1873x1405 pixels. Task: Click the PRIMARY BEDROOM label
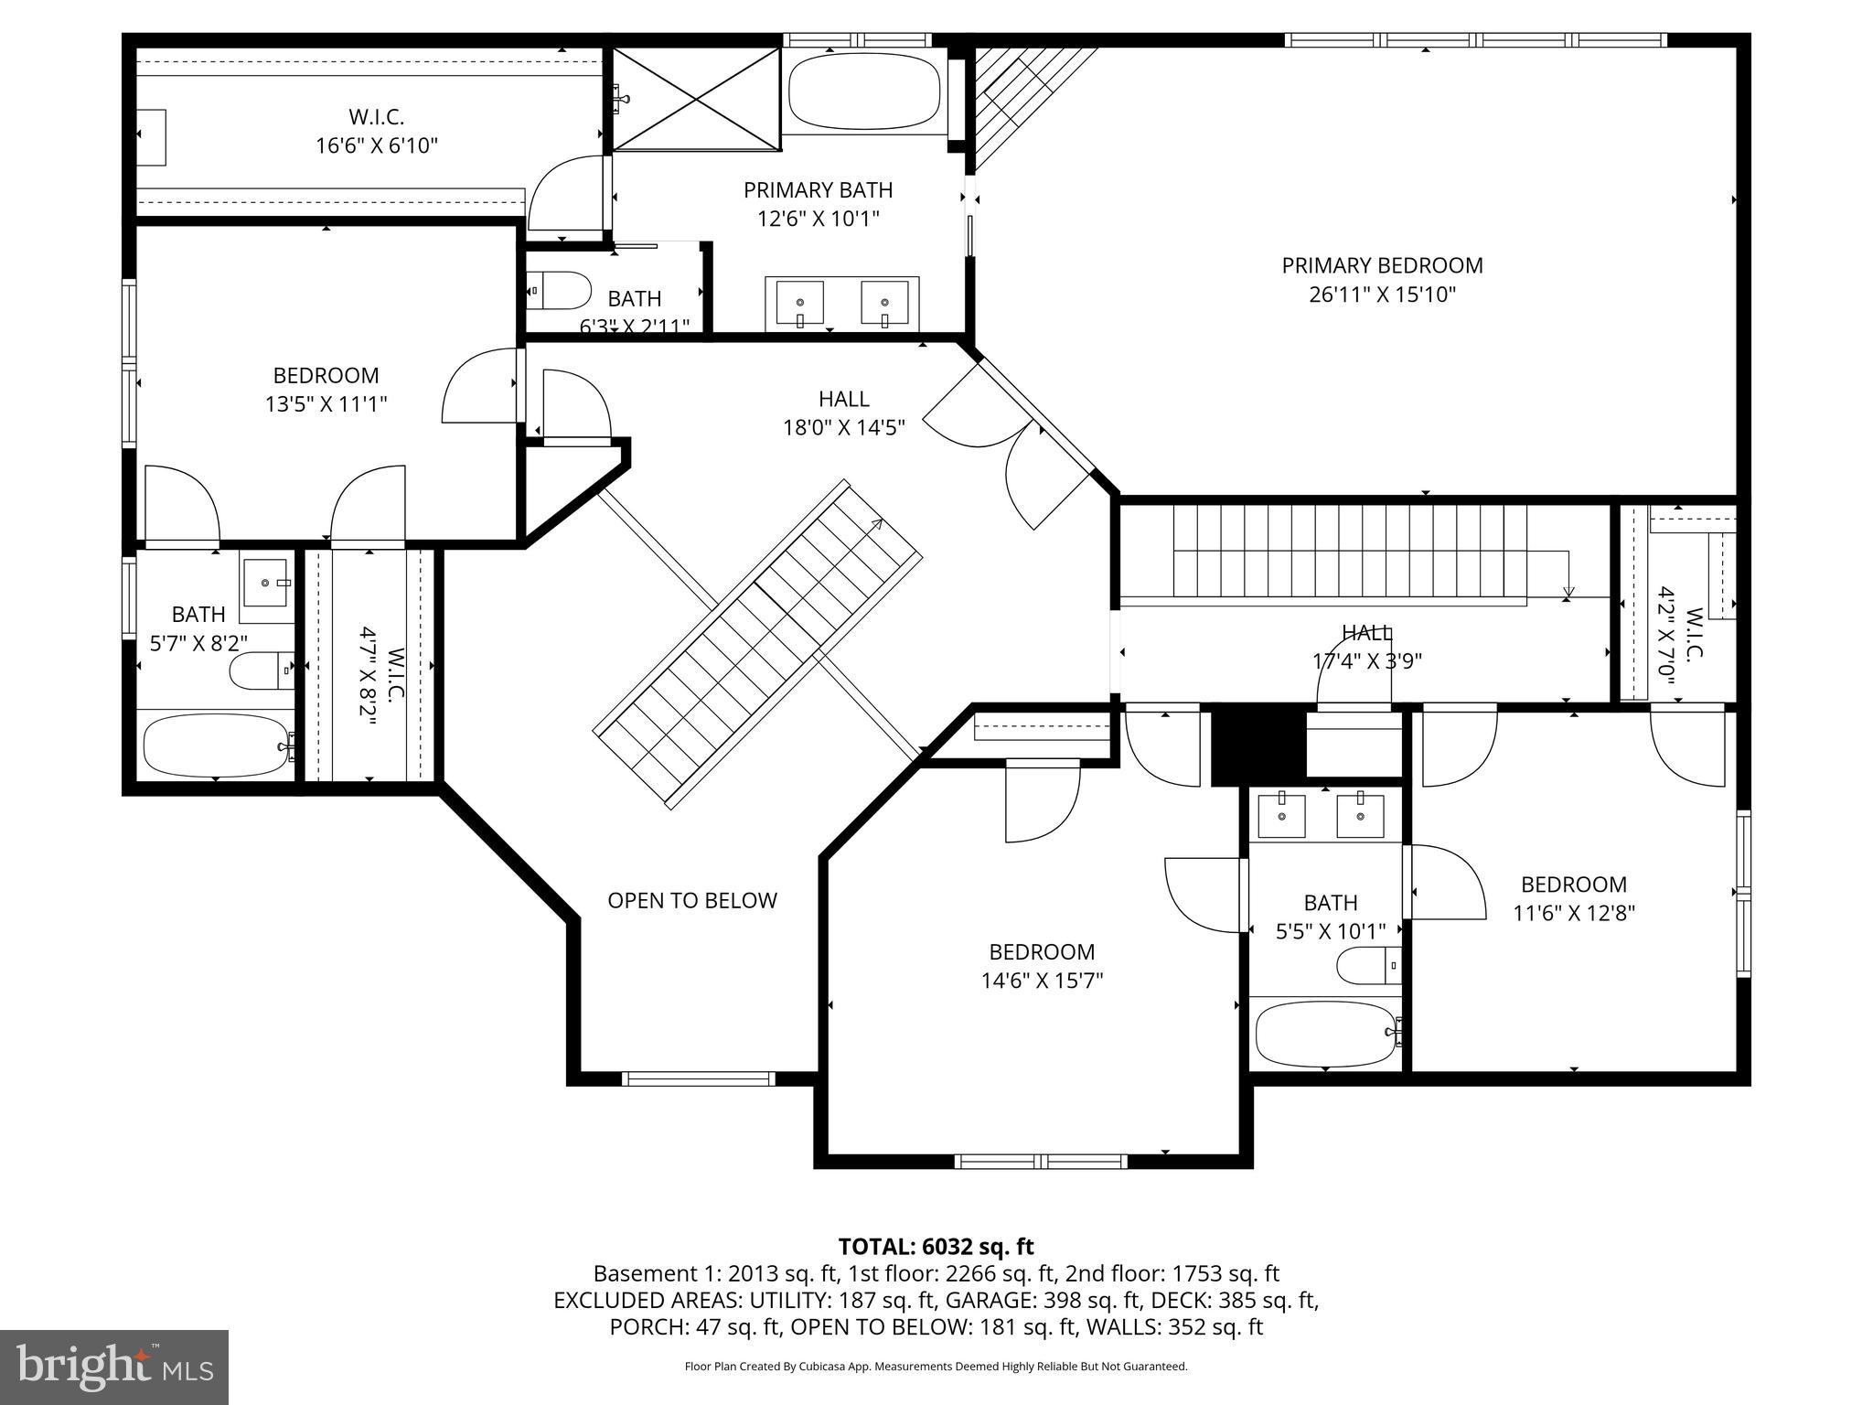(x=1382, y=266)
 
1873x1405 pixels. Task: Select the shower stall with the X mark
(x=695, y=98)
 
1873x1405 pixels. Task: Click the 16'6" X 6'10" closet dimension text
(x=377, y=145)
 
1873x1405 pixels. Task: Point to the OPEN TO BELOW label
(x=692, y=901)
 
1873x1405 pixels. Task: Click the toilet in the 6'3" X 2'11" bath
(x=560, y=289)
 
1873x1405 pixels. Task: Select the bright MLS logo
(x=114, y=1367)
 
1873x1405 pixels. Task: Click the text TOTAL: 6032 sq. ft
(x=936, y=1247)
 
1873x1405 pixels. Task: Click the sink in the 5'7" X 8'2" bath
(x=266, y=583)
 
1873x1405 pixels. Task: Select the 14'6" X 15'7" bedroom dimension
(x=1042, y=981)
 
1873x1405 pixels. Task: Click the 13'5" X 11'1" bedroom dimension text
(x=326, y=404)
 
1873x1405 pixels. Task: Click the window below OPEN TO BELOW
(x=698, y=1078)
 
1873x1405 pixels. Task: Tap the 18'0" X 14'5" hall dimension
(x=843, y=427)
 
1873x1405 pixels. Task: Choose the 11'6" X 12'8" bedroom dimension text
(x=1573, y=913)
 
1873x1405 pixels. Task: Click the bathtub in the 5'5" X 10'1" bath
(x=1325, y=1035)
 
